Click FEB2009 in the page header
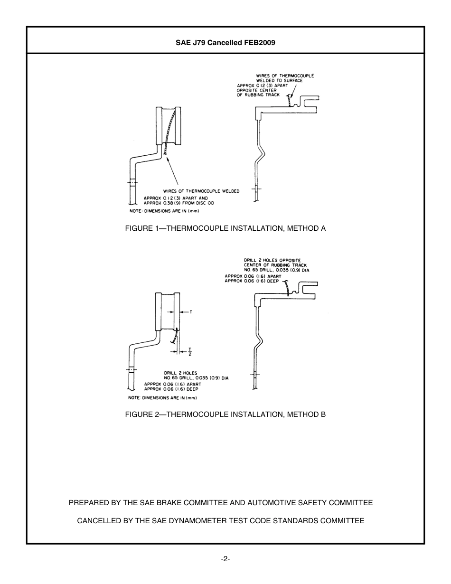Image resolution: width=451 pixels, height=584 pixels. [260, 43]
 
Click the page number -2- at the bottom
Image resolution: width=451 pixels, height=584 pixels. [225, 559]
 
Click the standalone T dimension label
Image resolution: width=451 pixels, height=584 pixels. [191, 312]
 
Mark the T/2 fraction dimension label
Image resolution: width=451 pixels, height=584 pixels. [190, 351]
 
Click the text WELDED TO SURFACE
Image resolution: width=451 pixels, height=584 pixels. [279, 81]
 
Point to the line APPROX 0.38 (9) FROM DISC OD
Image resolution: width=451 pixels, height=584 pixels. [179, 203]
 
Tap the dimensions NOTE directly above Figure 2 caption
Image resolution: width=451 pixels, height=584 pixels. [163, 398]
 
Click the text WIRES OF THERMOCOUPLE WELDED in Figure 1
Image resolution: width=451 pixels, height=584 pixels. [201, 191]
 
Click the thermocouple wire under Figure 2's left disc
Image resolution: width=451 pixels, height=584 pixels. [174, 337]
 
